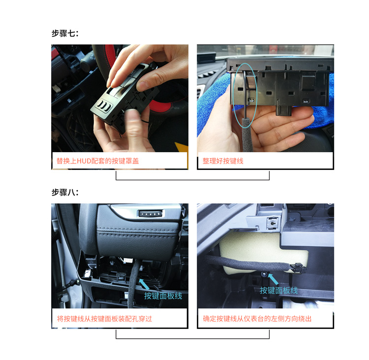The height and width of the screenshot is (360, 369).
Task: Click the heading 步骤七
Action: point(65,33)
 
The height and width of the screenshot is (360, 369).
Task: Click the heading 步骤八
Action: point(65,192)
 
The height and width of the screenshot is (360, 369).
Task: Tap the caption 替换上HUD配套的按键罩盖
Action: point(98,161)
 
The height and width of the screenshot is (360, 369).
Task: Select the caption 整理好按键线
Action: point(223,161)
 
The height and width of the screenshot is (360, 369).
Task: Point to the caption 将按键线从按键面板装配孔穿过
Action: point(104,319)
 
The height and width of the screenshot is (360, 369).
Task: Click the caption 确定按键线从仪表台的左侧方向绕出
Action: point(257,319)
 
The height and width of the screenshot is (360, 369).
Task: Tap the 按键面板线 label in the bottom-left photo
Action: point(163,296)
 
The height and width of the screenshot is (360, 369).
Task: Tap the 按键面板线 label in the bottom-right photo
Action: point(279,291)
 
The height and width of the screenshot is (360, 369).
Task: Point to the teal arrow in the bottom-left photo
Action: point(144,284)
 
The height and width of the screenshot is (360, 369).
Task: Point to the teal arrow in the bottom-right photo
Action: point(273,279)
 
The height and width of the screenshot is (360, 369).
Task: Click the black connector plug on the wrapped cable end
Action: point(298,267)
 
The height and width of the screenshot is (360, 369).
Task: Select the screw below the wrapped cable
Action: point(264,274)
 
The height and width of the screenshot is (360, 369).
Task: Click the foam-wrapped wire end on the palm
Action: point(246,135)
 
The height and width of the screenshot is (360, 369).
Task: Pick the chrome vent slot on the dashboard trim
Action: point(151,214)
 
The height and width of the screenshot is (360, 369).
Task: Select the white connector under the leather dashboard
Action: point(128,261)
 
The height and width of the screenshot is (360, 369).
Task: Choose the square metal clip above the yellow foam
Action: point(272,223)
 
